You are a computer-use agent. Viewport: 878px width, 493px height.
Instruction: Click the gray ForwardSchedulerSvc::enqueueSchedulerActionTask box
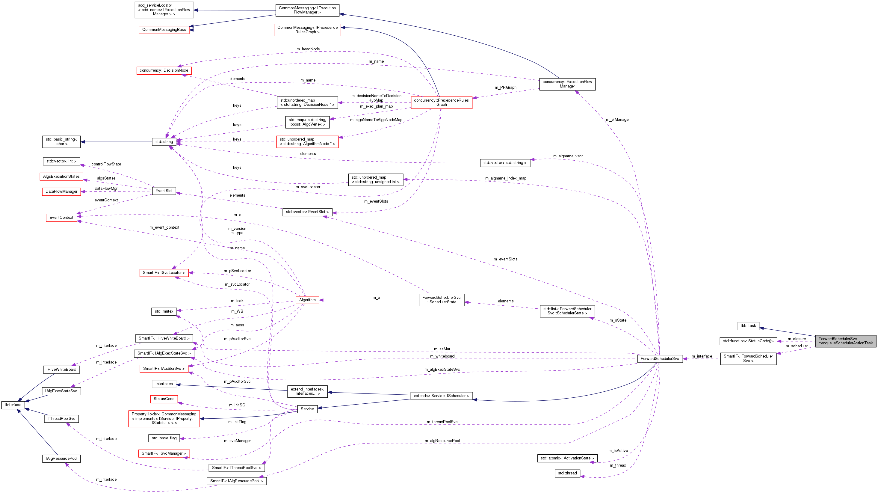(845, 341)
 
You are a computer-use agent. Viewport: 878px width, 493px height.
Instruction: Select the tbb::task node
(748, 326)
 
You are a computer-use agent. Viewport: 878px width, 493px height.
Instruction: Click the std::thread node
(567, 473)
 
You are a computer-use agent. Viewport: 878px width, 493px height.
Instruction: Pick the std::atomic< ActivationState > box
(567, 458)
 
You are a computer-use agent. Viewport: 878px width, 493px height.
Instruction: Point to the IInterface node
(13, 405)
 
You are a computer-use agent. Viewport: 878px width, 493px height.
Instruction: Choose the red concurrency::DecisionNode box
(164, 70)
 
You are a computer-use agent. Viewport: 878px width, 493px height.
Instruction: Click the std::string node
(164, 142)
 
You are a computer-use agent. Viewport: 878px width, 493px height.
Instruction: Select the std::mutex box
(164, 311)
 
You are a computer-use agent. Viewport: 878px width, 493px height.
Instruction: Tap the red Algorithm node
(307, 300)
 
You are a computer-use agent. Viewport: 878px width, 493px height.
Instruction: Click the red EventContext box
(61, 218)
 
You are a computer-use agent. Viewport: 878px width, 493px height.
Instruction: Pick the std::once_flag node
(164, 438)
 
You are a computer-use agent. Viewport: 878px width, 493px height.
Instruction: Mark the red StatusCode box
(164, 399)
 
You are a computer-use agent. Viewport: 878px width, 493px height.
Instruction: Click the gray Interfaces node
(164, 384)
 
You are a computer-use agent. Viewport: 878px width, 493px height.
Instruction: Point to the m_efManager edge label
(618, 120)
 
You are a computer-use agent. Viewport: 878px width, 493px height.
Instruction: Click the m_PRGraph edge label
(505, 88)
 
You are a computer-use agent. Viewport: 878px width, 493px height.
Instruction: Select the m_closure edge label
(797, 339)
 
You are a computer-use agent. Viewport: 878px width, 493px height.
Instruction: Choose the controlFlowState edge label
(106, 164)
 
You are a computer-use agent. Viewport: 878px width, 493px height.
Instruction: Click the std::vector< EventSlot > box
(307, 212)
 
